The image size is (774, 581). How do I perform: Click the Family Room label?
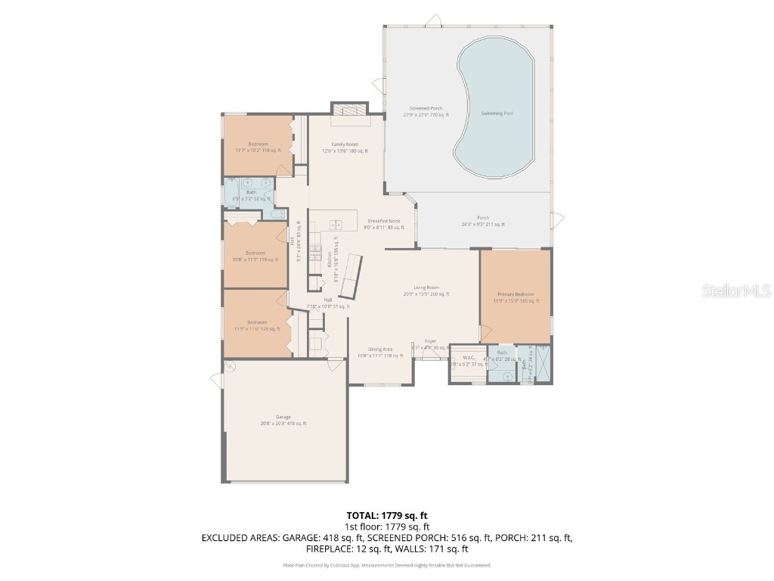click(x=345, y=144)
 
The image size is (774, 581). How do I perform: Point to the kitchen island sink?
click(x=336, y=224)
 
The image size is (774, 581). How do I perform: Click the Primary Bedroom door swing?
click(x=485, y=333)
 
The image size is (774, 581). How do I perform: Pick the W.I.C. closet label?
click(x=468, y=357)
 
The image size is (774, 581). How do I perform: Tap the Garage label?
click(x=283, y=417)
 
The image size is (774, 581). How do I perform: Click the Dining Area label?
click(x=379, y=349)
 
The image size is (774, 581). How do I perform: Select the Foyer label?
click(x=430, y=342)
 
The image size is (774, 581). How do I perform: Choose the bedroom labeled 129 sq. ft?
click(x=256, y=325)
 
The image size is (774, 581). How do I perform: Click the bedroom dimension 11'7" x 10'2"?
click(x=258, y=151)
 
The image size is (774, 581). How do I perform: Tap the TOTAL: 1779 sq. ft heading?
click(x=386, y=514)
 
